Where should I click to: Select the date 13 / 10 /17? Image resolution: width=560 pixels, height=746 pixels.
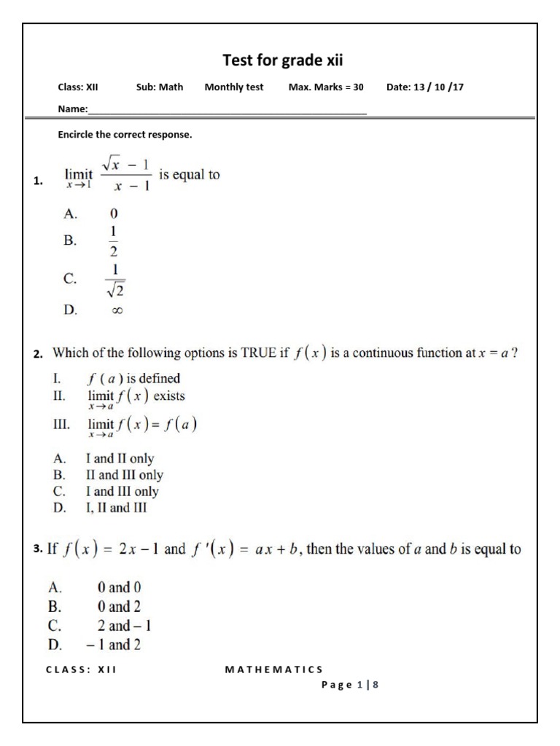point(425,87)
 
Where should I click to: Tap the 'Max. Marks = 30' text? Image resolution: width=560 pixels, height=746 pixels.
point(326,87)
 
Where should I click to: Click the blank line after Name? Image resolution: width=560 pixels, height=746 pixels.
point(227,110)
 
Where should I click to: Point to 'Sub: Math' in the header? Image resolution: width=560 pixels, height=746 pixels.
point(160,87)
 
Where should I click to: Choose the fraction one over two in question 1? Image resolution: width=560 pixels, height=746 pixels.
point(114,240)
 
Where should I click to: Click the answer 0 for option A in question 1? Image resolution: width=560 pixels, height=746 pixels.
point(114,214)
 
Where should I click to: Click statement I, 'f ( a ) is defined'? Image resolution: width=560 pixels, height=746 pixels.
point(133,378)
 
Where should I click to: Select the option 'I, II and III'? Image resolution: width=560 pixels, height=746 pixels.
point(116,509)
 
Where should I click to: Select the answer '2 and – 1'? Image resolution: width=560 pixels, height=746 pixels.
point(125,625)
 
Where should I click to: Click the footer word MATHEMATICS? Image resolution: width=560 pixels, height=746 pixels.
point(274,670)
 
